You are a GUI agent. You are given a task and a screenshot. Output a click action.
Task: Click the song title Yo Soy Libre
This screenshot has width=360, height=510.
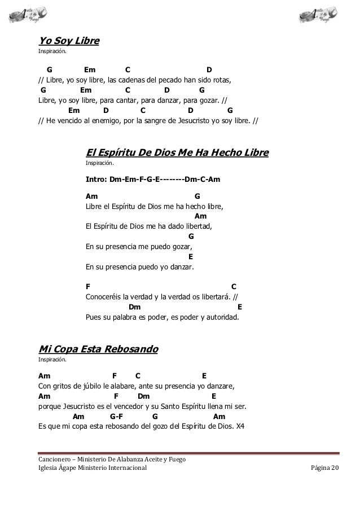(x=68, y=41)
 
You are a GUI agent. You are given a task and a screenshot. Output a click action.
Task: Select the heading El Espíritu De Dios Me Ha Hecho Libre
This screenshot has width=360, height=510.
(x=177, y=153)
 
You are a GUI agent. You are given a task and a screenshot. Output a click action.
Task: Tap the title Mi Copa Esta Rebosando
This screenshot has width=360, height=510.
(x=98, y=348)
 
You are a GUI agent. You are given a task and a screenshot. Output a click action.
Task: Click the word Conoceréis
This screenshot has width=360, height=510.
(x=104, y=297)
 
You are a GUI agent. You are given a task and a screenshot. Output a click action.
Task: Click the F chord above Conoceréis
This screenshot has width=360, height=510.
(x=87, y=286)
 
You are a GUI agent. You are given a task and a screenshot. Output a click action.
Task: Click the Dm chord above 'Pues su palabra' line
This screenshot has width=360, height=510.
(x=135, y=307)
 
